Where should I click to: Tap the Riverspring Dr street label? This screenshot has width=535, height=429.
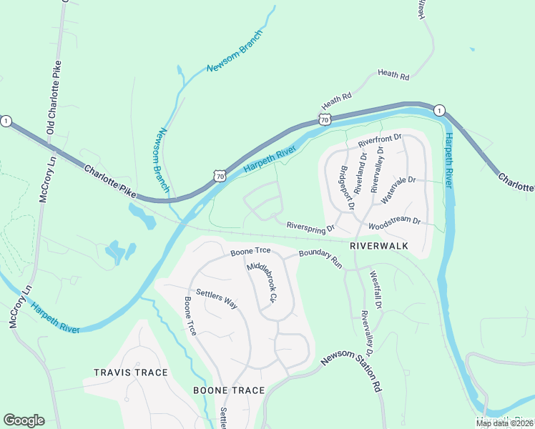click(310, 227)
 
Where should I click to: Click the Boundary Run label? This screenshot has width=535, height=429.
click(320, 257)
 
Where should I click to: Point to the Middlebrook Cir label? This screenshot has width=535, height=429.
click(261, 281)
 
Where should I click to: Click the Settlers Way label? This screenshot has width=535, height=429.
click(217, 298)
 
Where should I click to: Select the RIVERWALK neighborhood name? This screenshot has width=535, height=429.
click(379, 245)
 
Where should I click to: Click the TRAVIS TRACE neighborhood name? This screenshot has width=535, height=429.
click(130, 373)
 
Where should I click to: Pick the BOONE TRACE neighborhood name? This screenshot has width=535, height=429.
click(229, 390)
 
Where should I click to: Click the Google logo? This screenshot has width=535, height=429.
click(24, 420)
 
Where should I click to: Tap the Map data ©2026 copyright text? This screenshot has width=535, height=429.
click(505, 423)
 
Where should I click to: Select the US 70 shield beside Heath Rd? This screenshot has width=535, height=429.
click(325, 119)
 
